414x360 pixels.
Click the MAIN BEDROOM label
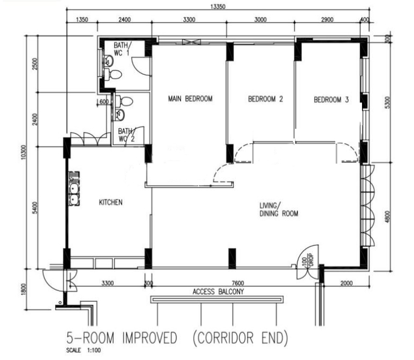(x=191, y=99)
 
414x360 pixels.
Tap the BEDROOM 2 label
(x=265, y=99)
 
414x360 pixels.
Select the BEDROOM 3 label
(x=331, y=100)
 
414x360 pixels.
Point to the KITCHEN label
(x=110, y=203)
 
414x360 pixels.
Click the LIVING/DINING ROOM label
(x=279, y=209)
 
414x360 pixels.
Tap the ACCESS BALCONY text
(x=218, y=292)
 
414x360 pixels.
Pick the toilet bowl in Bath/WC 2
(x=124, y=101)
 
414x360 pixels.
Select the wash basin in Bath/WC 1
(x=108, y=61)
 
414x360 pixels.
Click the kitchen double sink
(x=74, y=189)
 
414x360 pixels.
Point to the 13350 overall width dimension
(x=218, y=6)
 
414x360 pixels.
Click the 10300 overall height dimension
(x=23, y=152)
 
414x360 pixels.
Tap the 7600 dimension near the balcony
(x=238, y=283)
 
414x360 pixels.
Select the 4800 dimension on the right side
(x=387, y=216)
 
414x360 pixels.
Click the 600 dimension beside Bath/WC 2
(x=104, y=102)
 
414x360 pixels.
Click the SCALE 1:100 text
(x=83, y=350)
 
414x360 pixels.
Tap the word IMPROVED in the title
(x=150, y=338)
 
